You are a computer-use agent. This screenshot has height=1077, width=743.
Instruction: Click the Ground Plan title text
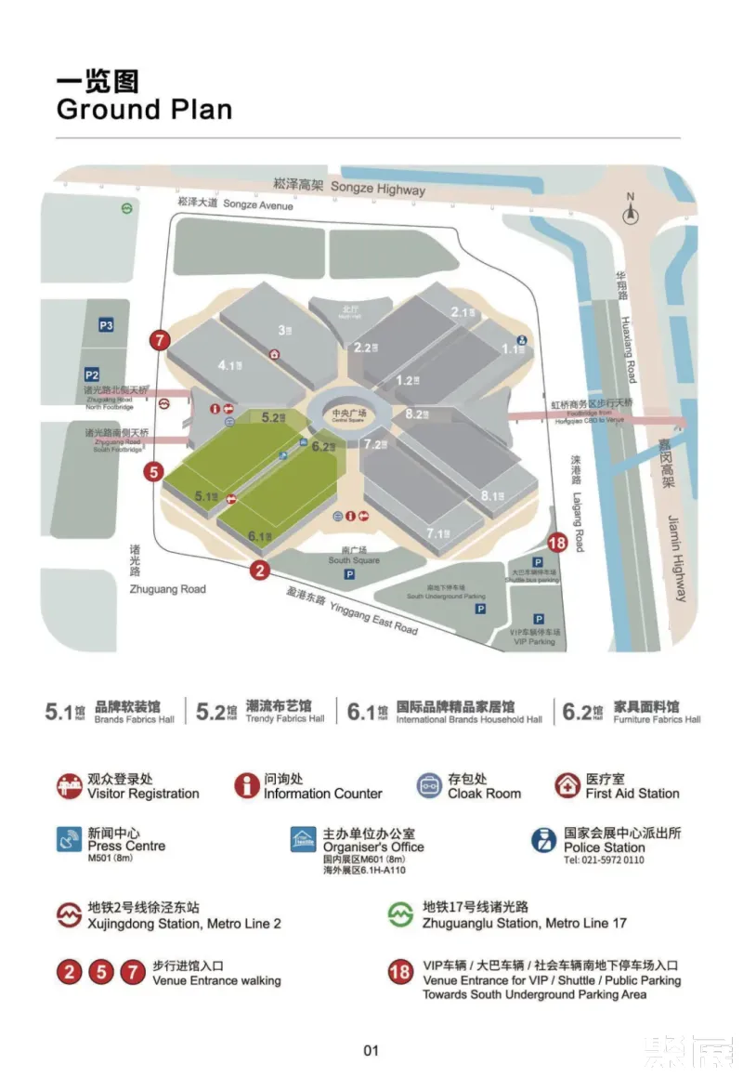point(144,109)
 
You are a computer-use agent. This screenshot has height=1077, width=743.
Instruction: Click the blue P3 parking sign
point(107,325)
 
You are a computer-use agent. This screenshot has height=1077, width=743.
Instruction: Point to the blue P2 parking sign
point(91,374)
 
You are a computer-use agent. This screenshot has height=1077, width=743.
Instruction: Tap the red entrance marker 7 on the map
point(161,340)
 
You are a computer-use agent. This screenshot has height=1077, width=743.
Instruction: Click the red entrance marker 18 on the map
point(557,544)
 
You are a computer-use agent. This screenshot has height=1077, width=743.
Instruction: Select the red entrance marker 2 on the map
point(260,571)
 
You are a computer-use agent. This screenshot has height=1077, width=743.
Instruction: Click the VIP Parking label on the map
point(532,637)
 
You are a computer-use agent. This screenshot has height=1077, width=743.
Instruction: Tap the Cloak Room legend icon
point(429,786)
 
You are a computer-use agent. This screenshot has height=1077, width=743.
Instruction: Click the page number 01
point(371,1051)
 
